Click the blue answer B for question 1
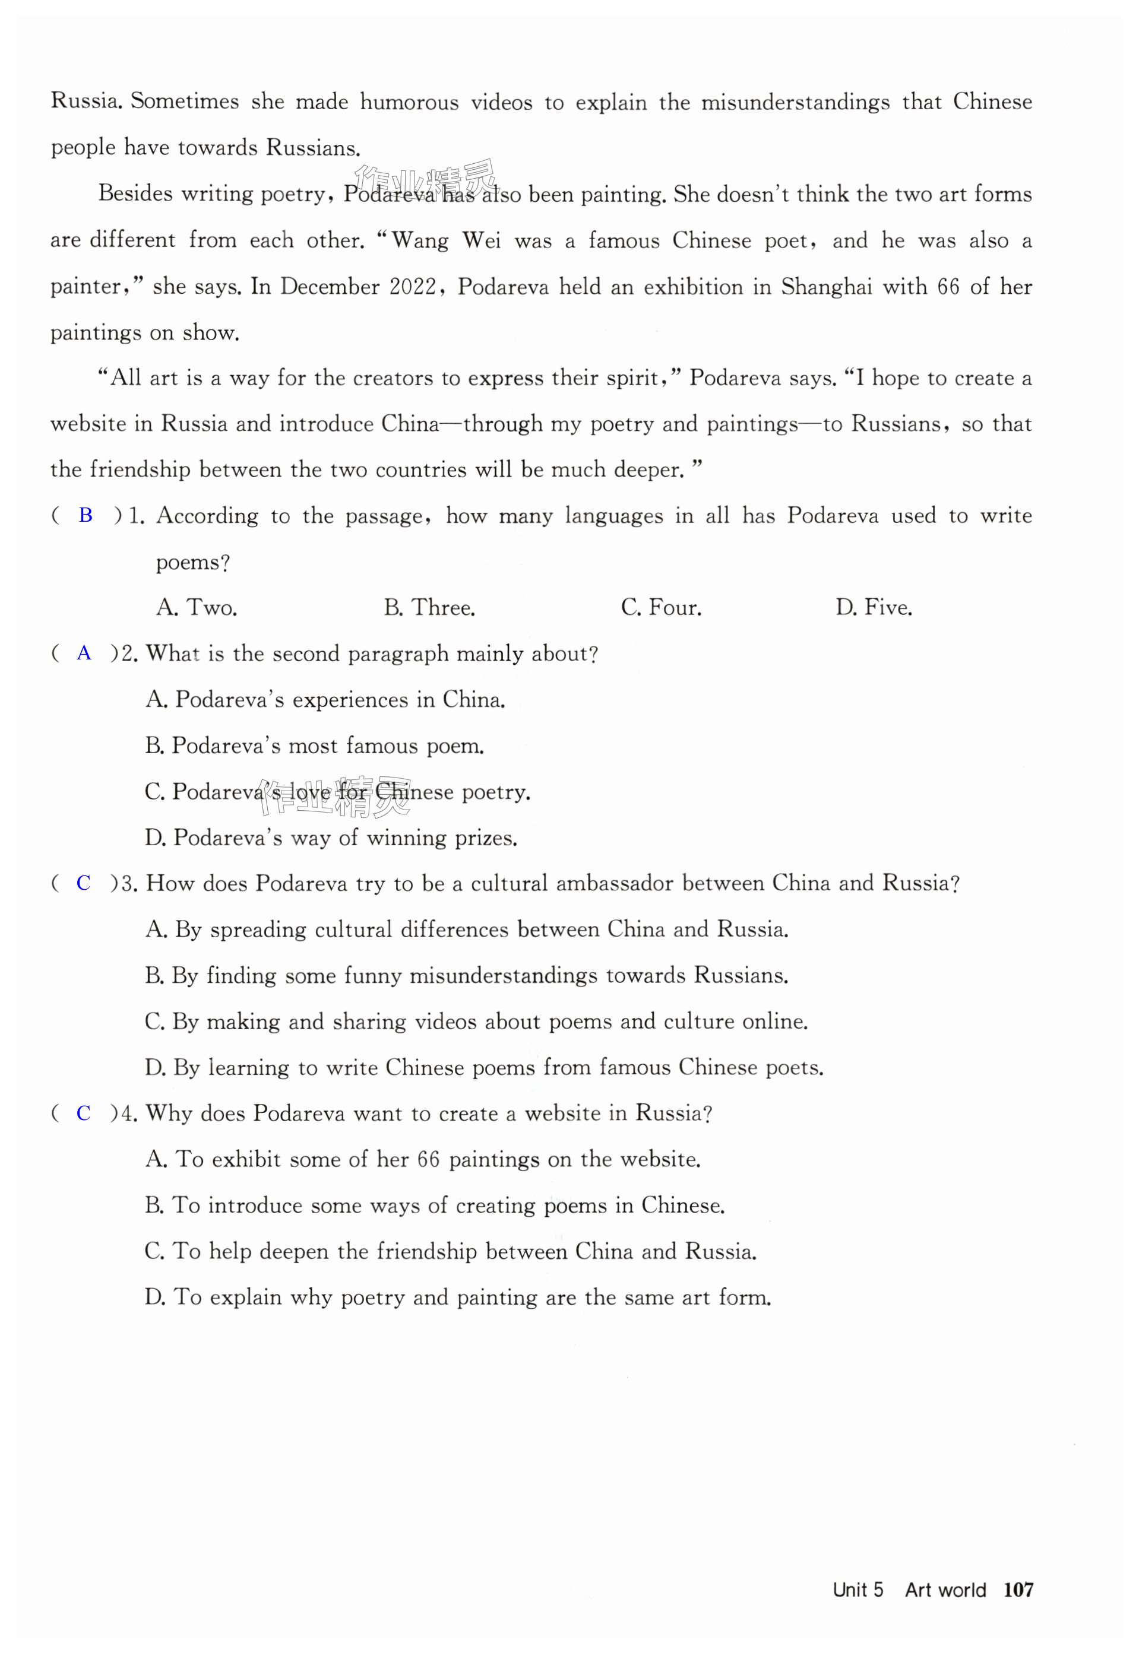86,515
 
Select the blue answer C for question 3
84,883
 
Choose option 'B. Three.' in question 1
429,608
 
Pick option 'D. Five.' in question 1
874,608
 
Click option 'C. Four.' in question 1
661,608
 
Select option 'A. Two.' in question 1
196,608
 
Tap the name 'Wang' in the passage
420,241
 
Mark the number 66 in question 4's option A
428,1159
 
